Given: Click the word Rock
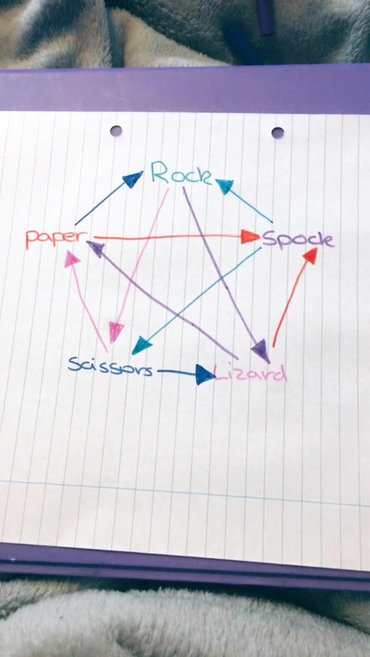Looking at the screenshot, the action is [181, 173].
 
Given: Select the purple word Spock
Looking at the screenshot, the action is [298, 240].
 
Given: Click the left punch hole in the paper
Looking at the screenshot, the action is [116, 131].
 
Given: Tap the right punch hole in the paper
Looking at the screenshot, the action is [277, 133].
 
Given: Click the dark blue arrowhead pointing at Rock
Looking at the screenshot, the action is [133, 180].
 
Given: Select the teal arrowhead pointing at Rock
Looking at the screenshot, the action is [225, 185].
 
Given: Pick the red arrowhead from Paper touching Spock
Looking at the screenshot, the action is [251, 237].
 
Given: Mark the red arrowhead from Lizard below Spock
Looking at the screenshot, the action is [310, 255].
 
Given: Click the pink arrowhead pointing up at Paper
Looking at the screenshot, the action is [72, 259].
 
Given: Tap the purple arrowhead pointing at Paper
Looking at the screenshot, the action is [96, 249].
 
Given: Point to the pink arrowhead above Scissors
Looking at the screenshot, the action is [116, 332].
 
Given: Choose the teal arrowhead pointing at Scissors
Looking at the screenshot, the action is [141, 345].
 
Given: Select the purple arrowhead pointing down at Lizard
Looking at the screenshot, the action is [262, 350].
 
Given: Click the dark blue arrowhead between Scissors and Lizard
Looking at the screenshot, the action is [205, 374].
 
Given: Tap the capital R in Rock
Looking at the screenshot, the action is [160, 172].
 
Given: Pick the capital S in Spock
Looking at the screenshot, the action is [269, 239].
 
